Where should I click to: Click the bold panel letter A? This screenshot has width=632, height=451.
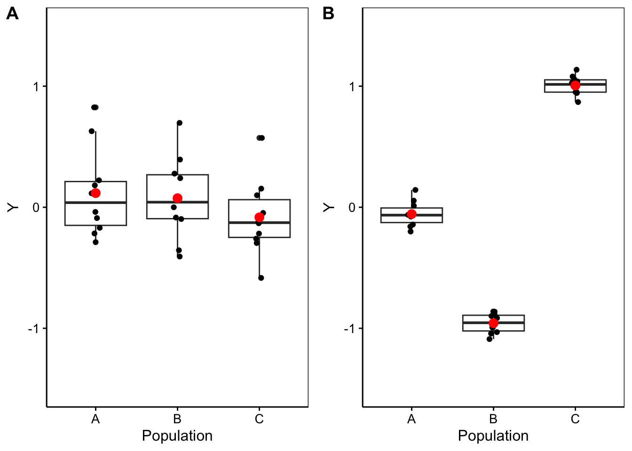12,14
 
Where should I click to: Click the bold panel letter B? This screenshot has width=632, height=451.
328,14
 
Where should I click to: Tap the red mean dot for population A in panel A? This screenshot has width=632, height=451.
95,193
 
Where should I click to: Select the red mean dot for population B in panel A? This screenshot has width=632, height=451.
177,198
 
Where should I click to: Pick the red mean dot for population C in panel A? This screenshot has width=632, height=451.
259,217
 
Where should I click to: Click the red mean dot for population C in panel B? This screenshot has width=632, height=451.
575,86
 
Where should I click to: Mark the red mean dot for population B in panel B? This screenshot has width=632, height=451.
493,323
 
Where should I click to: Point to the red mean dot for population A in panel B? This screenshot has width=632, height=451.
411,214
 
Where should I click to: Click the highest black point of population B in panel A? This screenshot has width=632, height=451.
179,123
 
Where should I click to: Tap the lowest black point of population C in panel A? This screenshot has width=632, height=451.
261,278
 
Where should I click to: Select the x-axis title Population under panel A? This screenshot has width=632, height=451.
177,436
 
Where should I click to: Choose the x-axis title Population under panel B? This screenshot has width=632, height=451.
493,436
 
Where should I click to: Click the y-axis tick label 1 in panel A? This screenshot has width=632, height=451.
36,87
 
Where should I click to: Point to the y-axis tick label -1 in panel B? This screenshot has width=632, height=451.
349,329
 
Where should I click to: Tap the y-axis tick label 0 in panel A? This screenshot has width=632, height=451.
36,208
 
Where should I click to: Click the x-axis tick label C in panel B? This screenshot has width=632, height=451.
575,419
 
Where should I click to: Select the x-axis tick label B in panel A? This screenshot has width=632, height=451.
177,419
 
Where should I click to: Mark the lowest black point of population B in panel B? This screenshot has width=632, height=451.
490,339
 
